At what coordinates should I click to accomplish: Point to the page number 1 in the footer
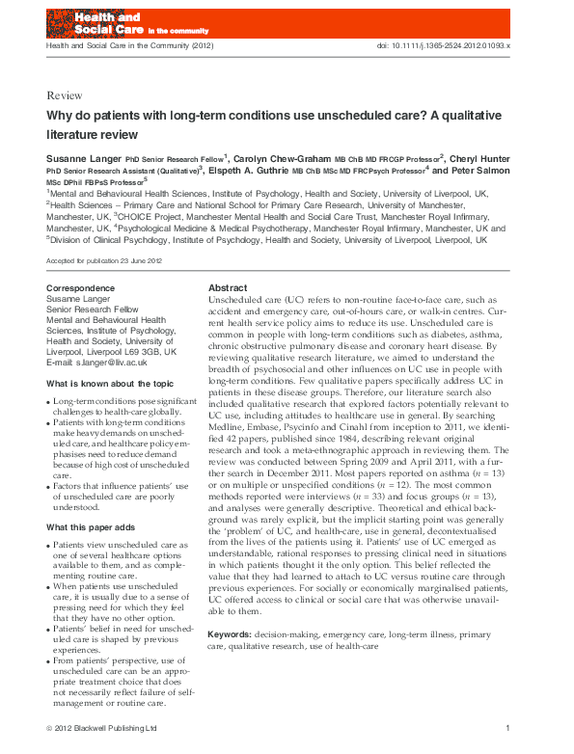point(507,728)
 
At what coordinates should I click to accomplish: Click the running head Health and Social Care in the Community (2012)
point(120,46)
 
